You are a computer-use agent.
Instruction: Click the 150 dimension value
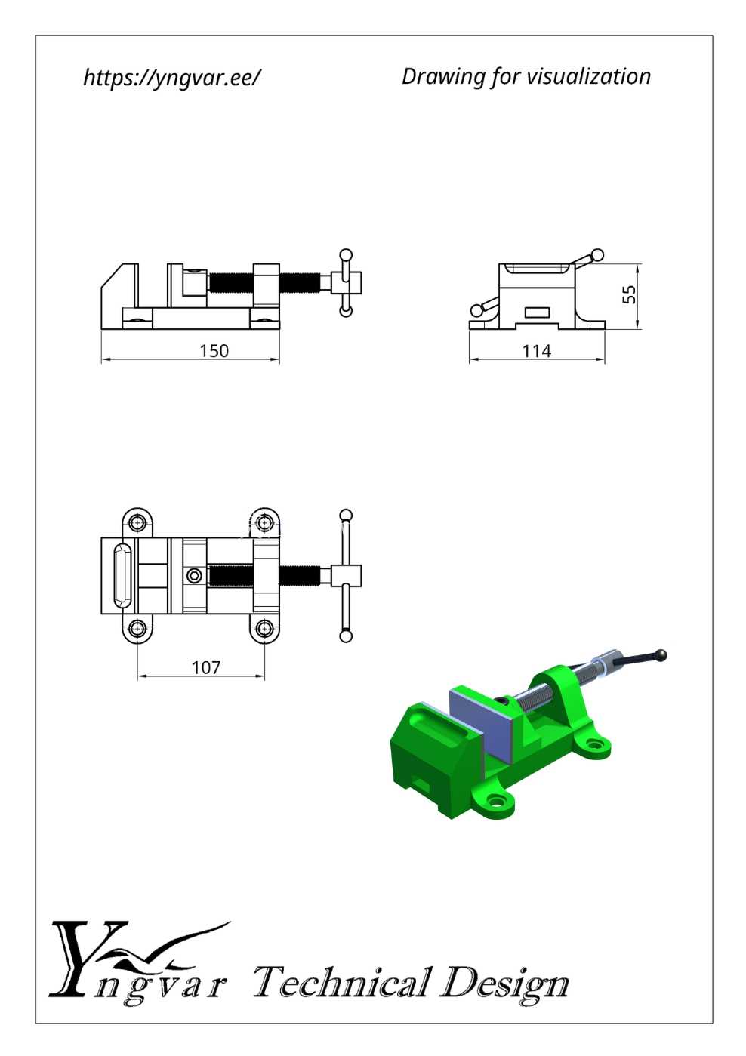point(214,351)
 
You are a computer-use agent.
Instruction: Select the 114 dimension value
point(536,351)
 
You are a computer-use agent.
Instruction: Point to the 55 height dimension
point(628,294)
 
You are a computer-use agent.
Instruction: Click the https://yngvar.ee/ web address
point(171,77)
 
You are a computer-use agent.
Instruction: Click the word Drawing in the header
point(442,77)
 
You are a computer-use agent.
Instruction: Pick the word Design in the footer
point(504,985)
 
